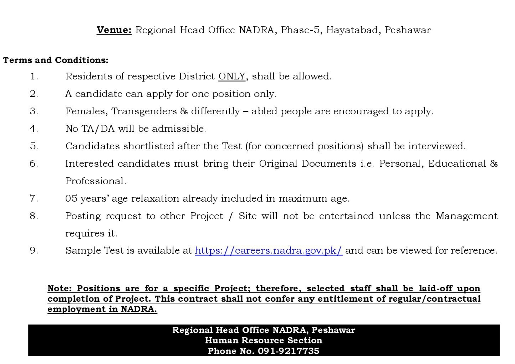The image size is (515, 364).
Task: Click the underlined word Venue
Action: pos(114,30)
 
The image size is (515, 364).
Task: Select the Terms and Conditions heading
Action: pos(56,60)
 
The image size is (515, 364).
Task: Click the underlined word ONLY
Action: pos(232,76)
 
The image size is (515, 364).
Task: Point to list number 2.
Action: pos(34,94)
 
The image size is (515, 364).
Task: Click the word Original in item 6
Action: pos(278,163)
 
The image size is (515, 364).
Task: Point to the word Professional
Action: pos(96,181)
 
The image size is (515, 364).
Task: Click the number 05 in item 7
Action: pos(71,198)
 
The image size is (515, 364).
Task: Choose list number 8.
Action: pos(34,216)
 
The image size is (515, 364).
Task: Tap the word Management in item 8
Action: pos(466,216)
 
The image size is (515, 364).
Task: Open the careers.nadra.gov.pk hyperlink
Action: pos(268,250)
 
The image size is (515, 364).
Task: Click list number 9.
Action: pos(34,250)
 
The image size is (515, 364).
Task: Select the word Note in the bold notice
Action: pos(59,288)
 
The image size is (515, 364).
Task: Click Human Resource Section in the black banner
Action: pos(264,340)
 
